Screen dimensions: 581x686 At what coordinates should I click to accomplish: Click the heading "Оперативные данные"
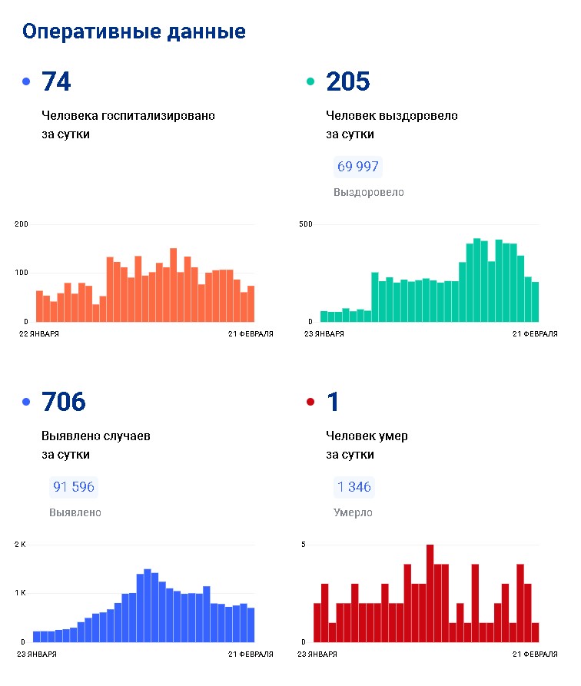(134, 32)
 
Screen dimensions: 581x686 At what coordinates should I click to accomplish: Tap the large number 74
(56, 81)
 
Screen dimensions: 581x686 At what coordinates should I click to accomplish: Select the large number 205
(348, 81)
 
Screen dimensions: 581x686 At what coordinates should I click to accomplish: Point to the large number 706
(64, 402)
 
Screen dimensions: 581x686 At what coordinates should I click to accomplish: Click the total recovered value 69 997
(357, 166)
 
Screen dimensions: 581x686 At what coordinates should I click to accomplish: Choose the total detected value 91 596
(74, 486)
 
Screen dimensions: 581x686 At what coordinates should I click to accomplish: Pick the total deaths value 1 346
(354, 486)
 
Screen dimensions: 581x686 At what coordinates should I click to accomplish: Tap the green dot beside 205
(310, 81)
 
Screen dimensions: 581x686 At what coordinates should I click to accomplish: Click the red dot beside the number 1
(310, 402)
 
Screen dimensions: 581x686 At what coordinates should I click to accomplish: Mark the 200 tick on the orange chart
(21, 224)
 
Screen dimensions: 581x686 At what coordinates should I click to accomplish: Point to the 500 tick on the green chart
(306, 224)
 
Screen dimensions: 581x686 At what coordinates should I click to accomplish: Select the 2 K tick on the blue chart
(20, 544)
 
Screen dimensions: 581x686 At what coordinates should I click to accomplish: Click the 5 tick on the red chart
(304, 544)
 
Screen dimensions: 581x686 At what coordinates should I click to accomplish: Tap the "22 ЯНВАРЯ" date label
(39, 334)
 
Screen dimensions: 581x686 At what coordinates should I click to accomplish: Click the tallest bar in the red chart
(430, 593)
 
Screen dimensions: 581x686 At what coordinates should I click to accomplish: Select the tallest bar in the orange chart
(174, 285)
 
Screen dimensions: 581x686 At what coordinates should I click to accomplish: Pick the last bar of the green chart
(535, 302)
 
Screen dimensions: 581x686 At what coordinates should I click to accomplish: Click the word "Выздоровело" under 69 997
(369, 193)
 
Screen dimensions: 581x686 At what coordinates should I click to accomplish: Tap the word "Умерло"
(353, 512)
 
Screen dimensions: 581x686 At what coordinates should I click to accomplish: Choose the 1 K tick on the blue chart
(20, 593)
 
